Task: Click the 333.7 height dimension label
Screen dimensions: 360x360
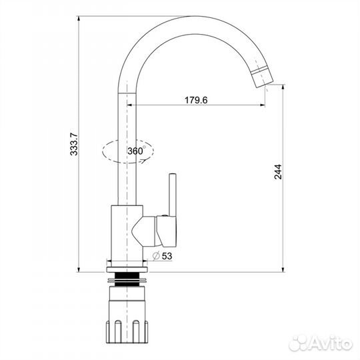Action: (74, 145)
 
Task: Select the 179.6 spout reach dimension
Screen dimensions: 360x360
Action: (196, 100)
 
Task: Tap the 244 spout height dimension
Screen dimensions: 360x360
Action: (278, 172)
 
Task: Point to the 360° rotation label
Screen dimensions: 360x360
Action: (137, 151)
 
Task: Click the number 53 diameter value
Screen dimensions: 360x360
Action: (167, 256)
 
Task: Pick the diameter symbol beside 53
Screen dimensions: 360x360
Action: (156, 256)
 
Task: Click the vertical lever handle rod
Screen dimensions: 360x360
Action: (173, 195)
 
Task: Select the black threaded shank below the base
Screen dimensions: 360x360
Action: (127, 279)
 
